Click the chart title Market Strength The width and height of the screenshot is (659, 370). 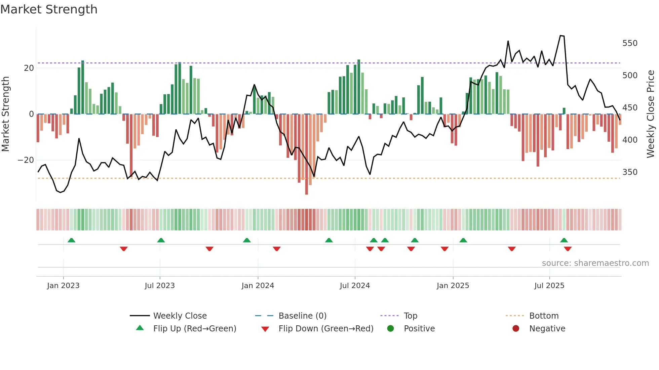pyautogui.click(x=49, y=9)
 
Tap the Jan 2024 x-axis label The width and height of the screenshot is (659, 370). pyautogui.click(x=258, y=286)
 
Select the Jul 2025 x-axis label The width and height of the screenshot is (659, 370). pyautogui.click(x=549, y=286)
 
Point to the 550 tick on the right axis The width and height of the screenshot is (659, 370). pyautogui.click(x=630, y=43)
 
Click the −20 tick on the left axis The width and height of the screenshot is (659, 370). pyautogui.click(x=26, y=160)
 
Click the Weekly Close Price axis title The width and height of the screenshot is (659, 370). pyautogui.click(x=651, y=114)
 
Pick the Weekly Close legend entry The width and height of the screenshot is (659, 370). pyautogui.click(x=180, y=316)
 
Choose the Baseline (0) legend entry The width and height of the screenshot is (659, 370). pyautogui.click(x=302, y=316)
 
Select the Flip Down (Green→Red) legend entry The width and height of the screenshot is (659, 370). pyautogui.click(x=325, y=329)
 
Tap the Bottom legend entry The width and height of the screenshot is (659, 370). pyautogui.click(x=543, y=316)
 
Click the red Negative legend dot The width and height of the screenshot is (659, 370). pyautogui.click(x=515, y=328)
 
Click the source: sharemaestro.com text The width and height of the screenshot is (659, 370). pyautogui.click(x=595, y=263)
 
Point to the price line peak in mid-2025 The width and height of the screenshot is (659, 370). pyautogui.click(x=560, y=36)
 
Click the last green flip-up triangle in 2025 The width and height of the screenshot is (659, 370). pyautogui.click(x=564, y=240)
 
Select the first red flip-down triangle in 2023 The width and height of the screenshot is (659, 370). pyautogui.click(x=123, y=249)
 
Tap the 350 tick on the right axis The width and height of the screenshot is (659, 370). pyautogui.click(x=630, y=172)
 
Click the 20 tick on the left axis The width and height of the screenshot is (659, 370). pyautogui.click(x=29, y=68)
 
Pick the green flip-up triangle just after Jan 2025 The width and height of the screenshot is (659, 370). pyautogui.click(x=463, y=240)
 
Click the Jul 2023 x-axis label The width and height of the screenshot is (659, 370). pyautogui.click(x=160, y=286)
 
